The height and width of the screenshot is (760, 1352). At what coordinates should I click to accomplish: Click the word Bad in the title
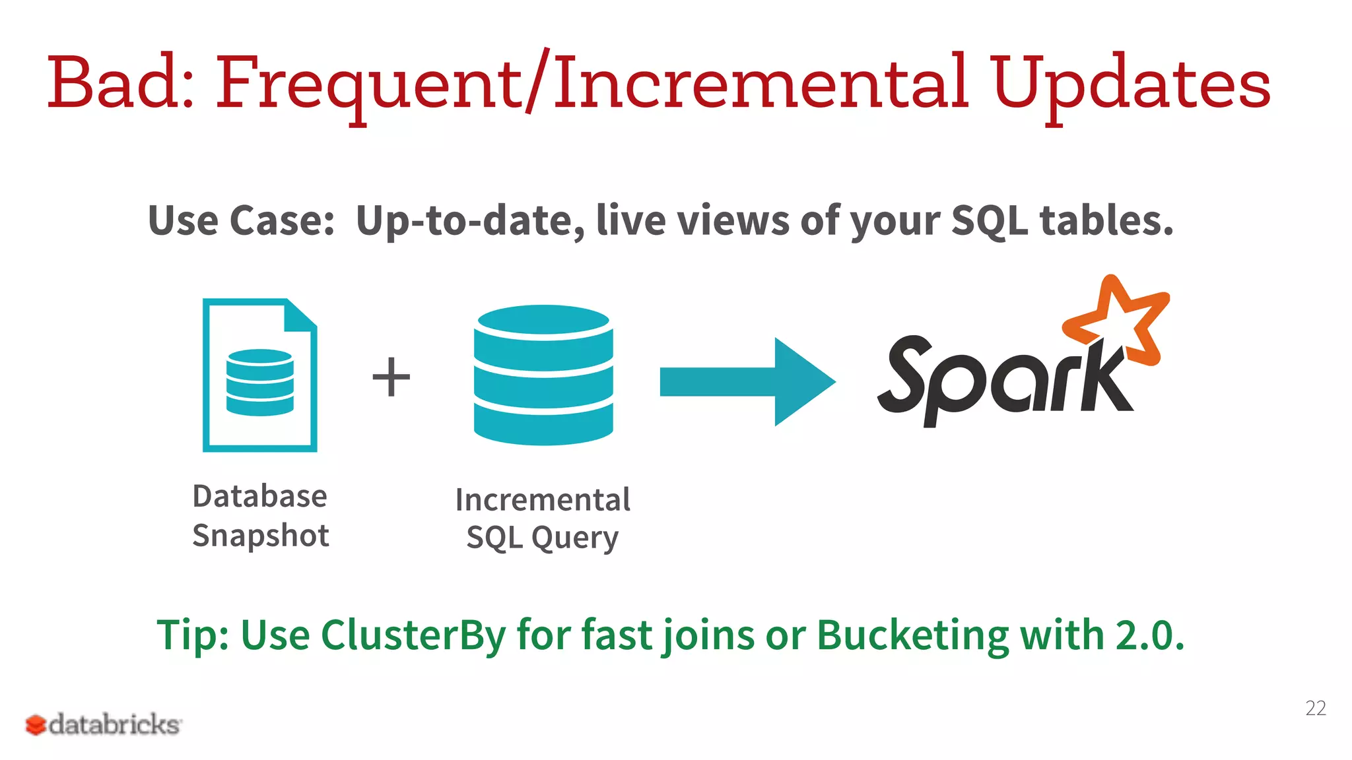tap(119, 84)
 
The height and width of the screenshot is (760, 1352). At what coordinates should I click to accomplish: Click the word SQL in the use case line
tap(989, 220)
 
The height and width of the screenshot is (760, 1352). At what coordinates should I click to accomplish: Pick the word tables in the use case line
tap(1106, 220)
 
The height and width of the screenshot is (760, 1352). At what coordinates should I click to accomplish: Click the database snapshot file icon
tap(259, 375)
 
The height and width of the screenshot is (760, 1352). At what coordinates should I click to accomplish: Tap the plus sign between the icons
tap(391, 377)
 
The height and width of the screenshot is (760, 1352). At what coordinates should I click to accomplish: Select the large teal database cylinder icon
tap(543, 374)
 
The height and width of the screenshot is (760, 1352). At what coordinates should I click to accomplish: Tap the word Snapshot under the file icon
tap(261, 535)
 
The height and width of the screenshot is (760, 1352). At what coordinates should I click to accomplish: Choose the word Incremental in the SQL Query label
tap(543, 499)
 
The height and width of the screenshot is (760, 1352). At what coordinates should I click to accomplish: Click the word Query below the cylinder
tap(575, 538)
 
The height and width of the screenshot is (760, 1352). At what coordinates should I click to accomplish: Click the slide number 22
tap(1315, 708)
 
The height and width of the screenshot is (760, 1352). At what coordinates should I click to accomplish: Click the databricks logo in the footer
tap(103, 724)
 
